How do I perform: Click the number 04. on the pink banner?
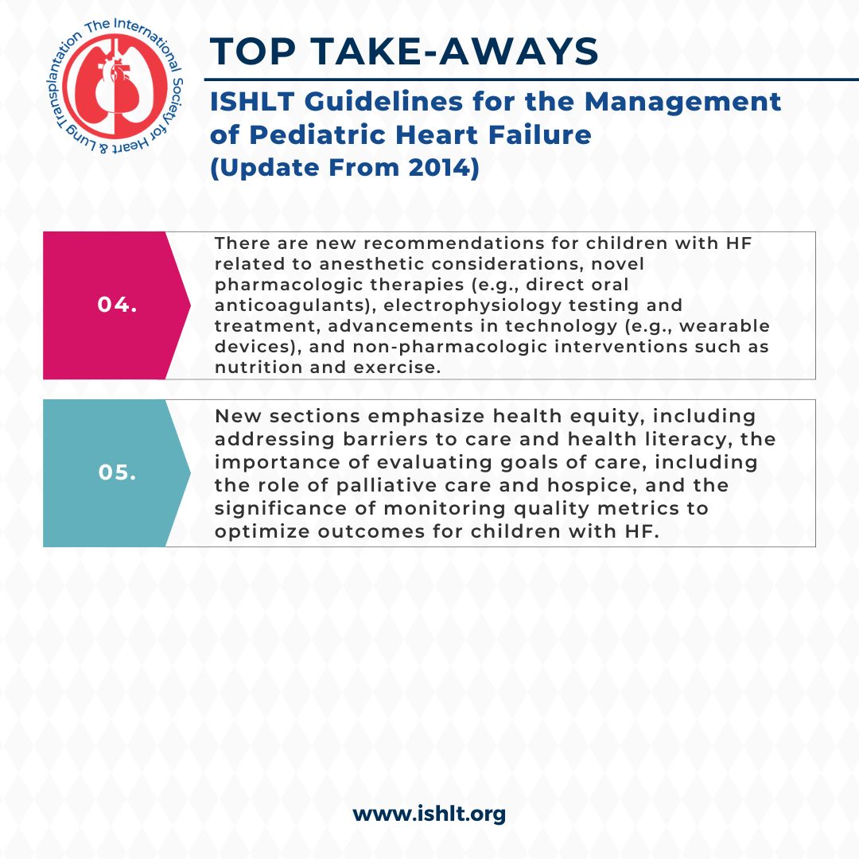[118, 305]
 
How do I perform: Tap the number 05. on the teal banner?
[118, 472]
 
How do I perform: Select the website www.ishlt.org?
[429, 814]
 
